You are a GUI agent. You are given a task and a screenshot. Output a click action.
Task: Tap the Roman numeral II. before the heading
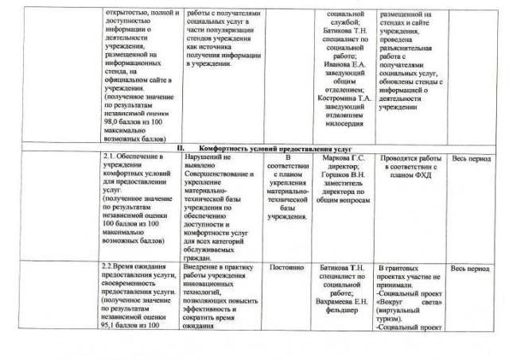tap(181, 149)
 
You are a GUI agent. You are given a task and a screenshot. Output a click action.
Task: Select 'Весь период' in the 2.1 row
tap(472, 157)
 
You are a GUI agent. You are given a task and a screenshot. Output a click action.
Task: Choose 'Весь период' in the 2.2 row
tap(472, 269)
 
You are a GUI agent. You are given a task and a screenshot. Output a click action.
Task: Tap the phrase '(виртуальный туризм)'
tap(402, 312)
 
